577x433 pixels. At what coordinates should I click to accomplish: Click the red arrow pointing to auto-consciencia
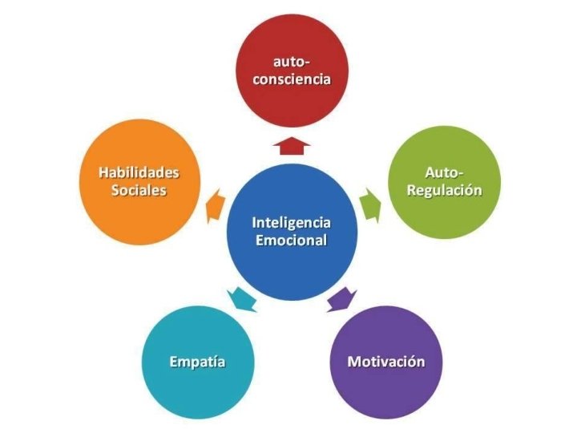(291, 145)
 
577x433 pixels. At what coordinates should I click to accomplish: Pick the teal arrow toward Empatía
(241, 298)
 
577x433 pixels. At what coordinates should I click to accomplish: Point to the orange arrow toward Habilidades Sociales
(213, 206)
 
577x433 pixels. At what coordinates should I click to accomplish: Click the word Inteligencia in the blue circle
(291, 222)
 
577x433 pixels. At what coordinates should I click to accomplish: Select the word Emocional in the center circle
(291, 240)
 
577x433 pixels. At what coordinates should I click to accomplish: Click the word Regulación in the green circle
(444, 190)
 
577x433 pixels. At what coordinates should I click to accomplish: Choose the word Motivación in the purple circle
(385, 362)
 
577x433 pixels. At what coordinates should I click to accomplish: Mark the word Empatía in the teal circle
(197, 362)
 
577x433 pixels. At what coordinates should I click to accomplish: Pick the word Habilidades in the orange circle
(139, 173)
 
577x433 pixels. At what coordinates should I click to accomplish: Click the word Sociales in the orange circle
(139, 190)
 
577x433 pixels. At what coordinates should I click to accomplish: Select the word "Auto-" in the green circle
(444, 173)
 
